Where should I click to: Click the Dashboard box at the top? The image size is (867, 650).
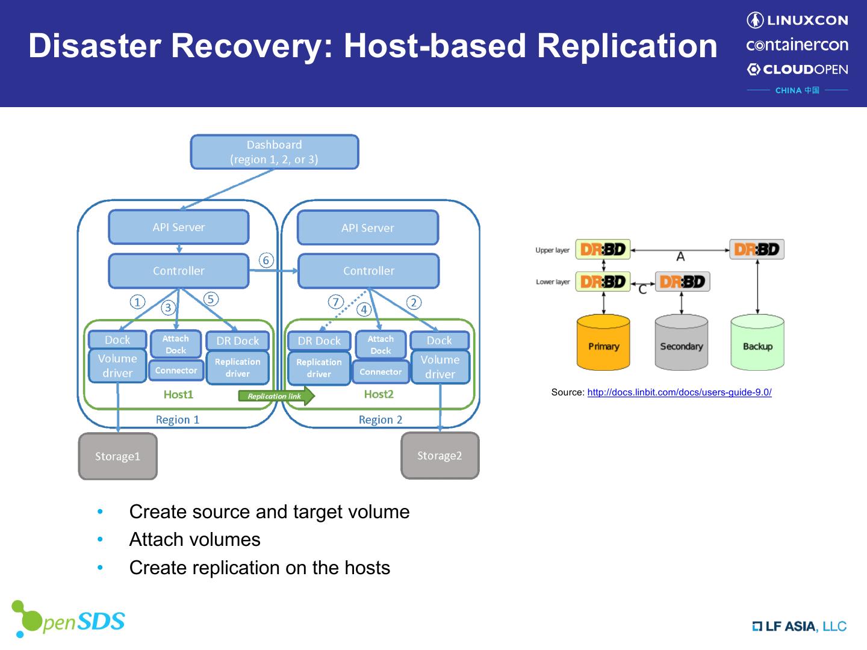point(275,152)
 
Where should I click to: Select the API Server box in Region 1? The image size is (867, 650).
point(179,227)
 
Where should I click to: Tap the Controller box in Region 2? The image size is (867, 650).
point(368,271)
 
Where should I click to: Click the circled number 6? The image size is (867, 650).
point(266,260)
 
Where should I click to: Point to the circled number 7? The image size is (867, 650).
point(336,302)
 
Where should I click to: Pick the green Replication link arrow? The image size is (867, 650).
point(276,395)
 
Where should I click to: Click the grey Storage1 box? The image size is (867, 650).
point(118,456)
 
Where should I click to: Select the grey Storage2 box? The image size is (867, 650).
point(440,456)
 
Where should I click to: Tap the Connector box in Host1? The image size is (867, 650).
point(176,371)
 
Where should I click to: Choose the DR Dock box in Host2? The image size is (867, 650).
point(319,341)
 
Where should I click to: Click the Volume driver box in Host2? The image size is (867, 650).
point(440,367)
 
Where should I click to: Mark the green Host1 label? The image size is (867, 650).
point(178,394)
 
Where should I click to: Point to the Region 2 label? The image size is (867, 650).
point(381,419)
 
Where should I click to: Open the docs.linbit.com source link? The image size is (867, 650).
point(679,392)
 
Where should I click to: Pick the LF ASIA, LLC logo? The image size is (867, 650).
point(800,627)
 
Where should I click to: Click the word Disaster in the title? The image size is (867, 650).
point(94,46)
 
